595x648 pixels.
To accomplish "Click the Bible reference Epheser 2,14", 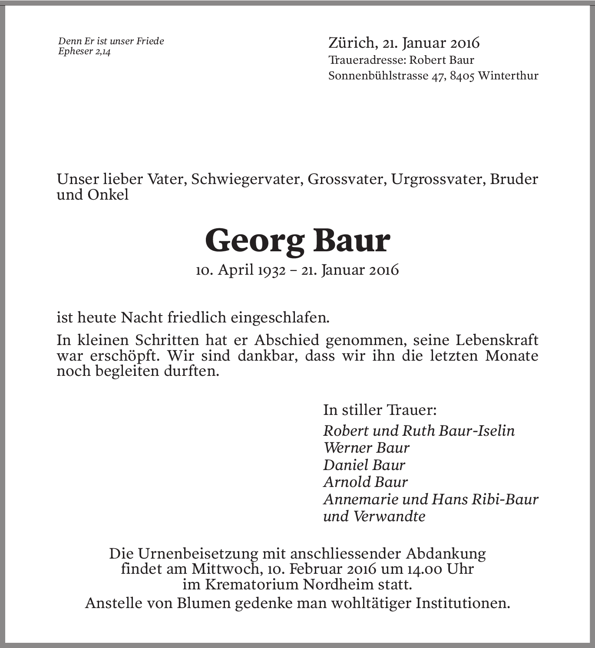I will coord(84,52).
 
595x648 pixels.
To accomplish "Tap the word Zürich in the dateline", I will coord(351,43).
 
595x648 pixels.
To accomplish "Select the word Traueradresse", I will coord(367,60).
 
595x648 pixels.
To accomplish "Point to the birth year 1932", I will coord(271,270).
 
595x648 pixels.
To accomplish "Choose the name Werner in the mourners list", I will coord(345,448).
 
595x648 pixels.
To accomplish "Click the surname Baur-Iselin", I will coord(476,431).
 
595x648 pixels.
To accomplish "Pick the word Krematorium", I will coord(251,585).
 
